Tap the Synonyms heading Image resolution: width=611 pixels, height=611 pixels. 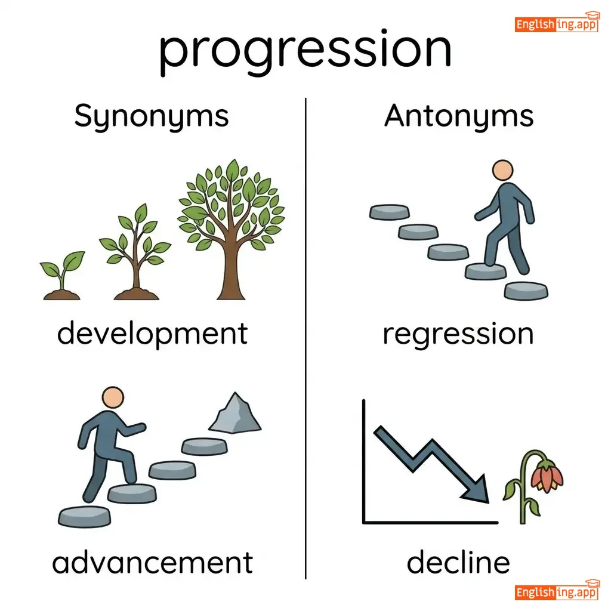152,116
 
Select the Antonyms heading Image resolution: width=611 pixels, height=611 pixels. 459,116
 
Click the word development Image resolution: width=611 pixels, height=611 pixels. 152,334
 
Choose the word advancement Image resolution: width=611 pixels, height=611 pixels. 153,563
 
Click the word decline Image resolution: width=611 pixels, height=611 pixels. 458,562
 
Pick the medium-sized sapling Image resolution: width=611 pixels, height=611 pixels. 135,252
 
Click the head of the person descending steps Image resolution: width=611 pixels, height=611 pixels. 502,170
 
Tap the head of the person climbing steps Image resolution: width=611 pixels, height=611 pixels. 113,397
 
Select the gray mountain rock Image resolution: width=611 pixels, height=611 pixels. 235,413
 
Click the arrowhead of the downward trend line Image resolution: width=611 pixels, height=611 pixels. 477,489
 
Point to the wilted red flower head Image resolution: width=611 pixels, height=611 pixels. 547,476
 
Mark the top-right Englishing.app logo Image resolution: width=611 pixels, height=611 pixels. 557,23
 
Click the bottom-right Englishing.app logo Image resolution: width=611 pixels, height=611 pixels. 557,590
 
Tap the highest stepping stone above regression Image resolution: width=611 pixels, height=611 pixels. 389,212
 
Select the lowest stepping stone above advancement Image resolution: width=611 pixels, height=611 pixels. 85,517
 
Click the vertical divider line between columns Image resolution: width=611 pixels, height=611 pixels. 306,338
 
